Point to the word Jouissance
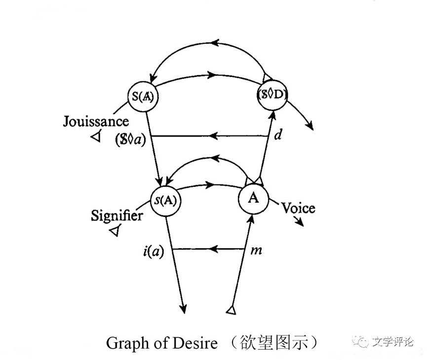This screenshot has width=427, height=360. point(96,121)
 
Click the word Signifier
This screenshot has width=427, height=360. point(117,216)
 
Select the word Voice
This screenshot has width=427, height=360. point(298,209)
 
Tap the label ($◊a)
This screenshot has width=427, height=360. point(130,140)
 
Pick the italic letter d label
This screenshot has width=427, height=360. point(278,135)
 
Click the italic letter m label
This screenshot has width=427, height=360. point(256,251)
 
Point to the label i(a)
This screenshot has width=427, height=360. point(154,251)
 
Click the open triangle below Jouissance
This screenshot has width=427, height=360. point(96,136)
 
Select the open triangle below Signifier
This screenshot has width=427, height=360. point(115,230)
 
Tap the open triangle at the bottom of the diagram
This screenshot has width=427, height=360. point(231,311)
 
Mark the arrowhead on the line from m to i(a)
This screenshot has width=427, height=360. point(214,249)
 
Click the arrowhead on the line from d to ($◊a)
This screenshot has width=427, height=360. point(214,136)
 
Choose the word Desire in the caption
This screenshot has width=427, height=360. point(195,343)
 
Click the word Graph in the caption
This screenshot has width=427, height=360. point(128,344)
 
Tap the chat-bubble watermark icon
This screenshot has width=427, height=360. point(360,341)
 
